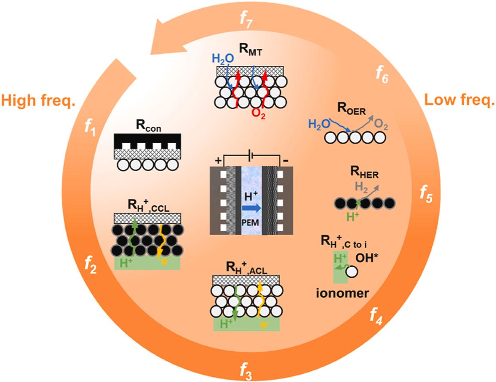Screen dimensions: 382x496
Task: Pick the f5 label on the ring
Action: point(426,195)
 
